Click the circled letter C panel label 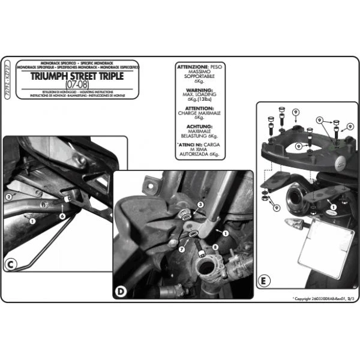(11, 265)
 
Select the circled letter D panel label (121, 292)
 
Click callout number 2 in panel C (9, 196)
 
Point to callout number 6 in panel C (62, 215)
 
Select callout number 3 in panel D (201, 205)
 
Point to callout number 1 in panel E (329, 211)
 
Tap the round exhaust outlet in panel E (297, 197)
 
